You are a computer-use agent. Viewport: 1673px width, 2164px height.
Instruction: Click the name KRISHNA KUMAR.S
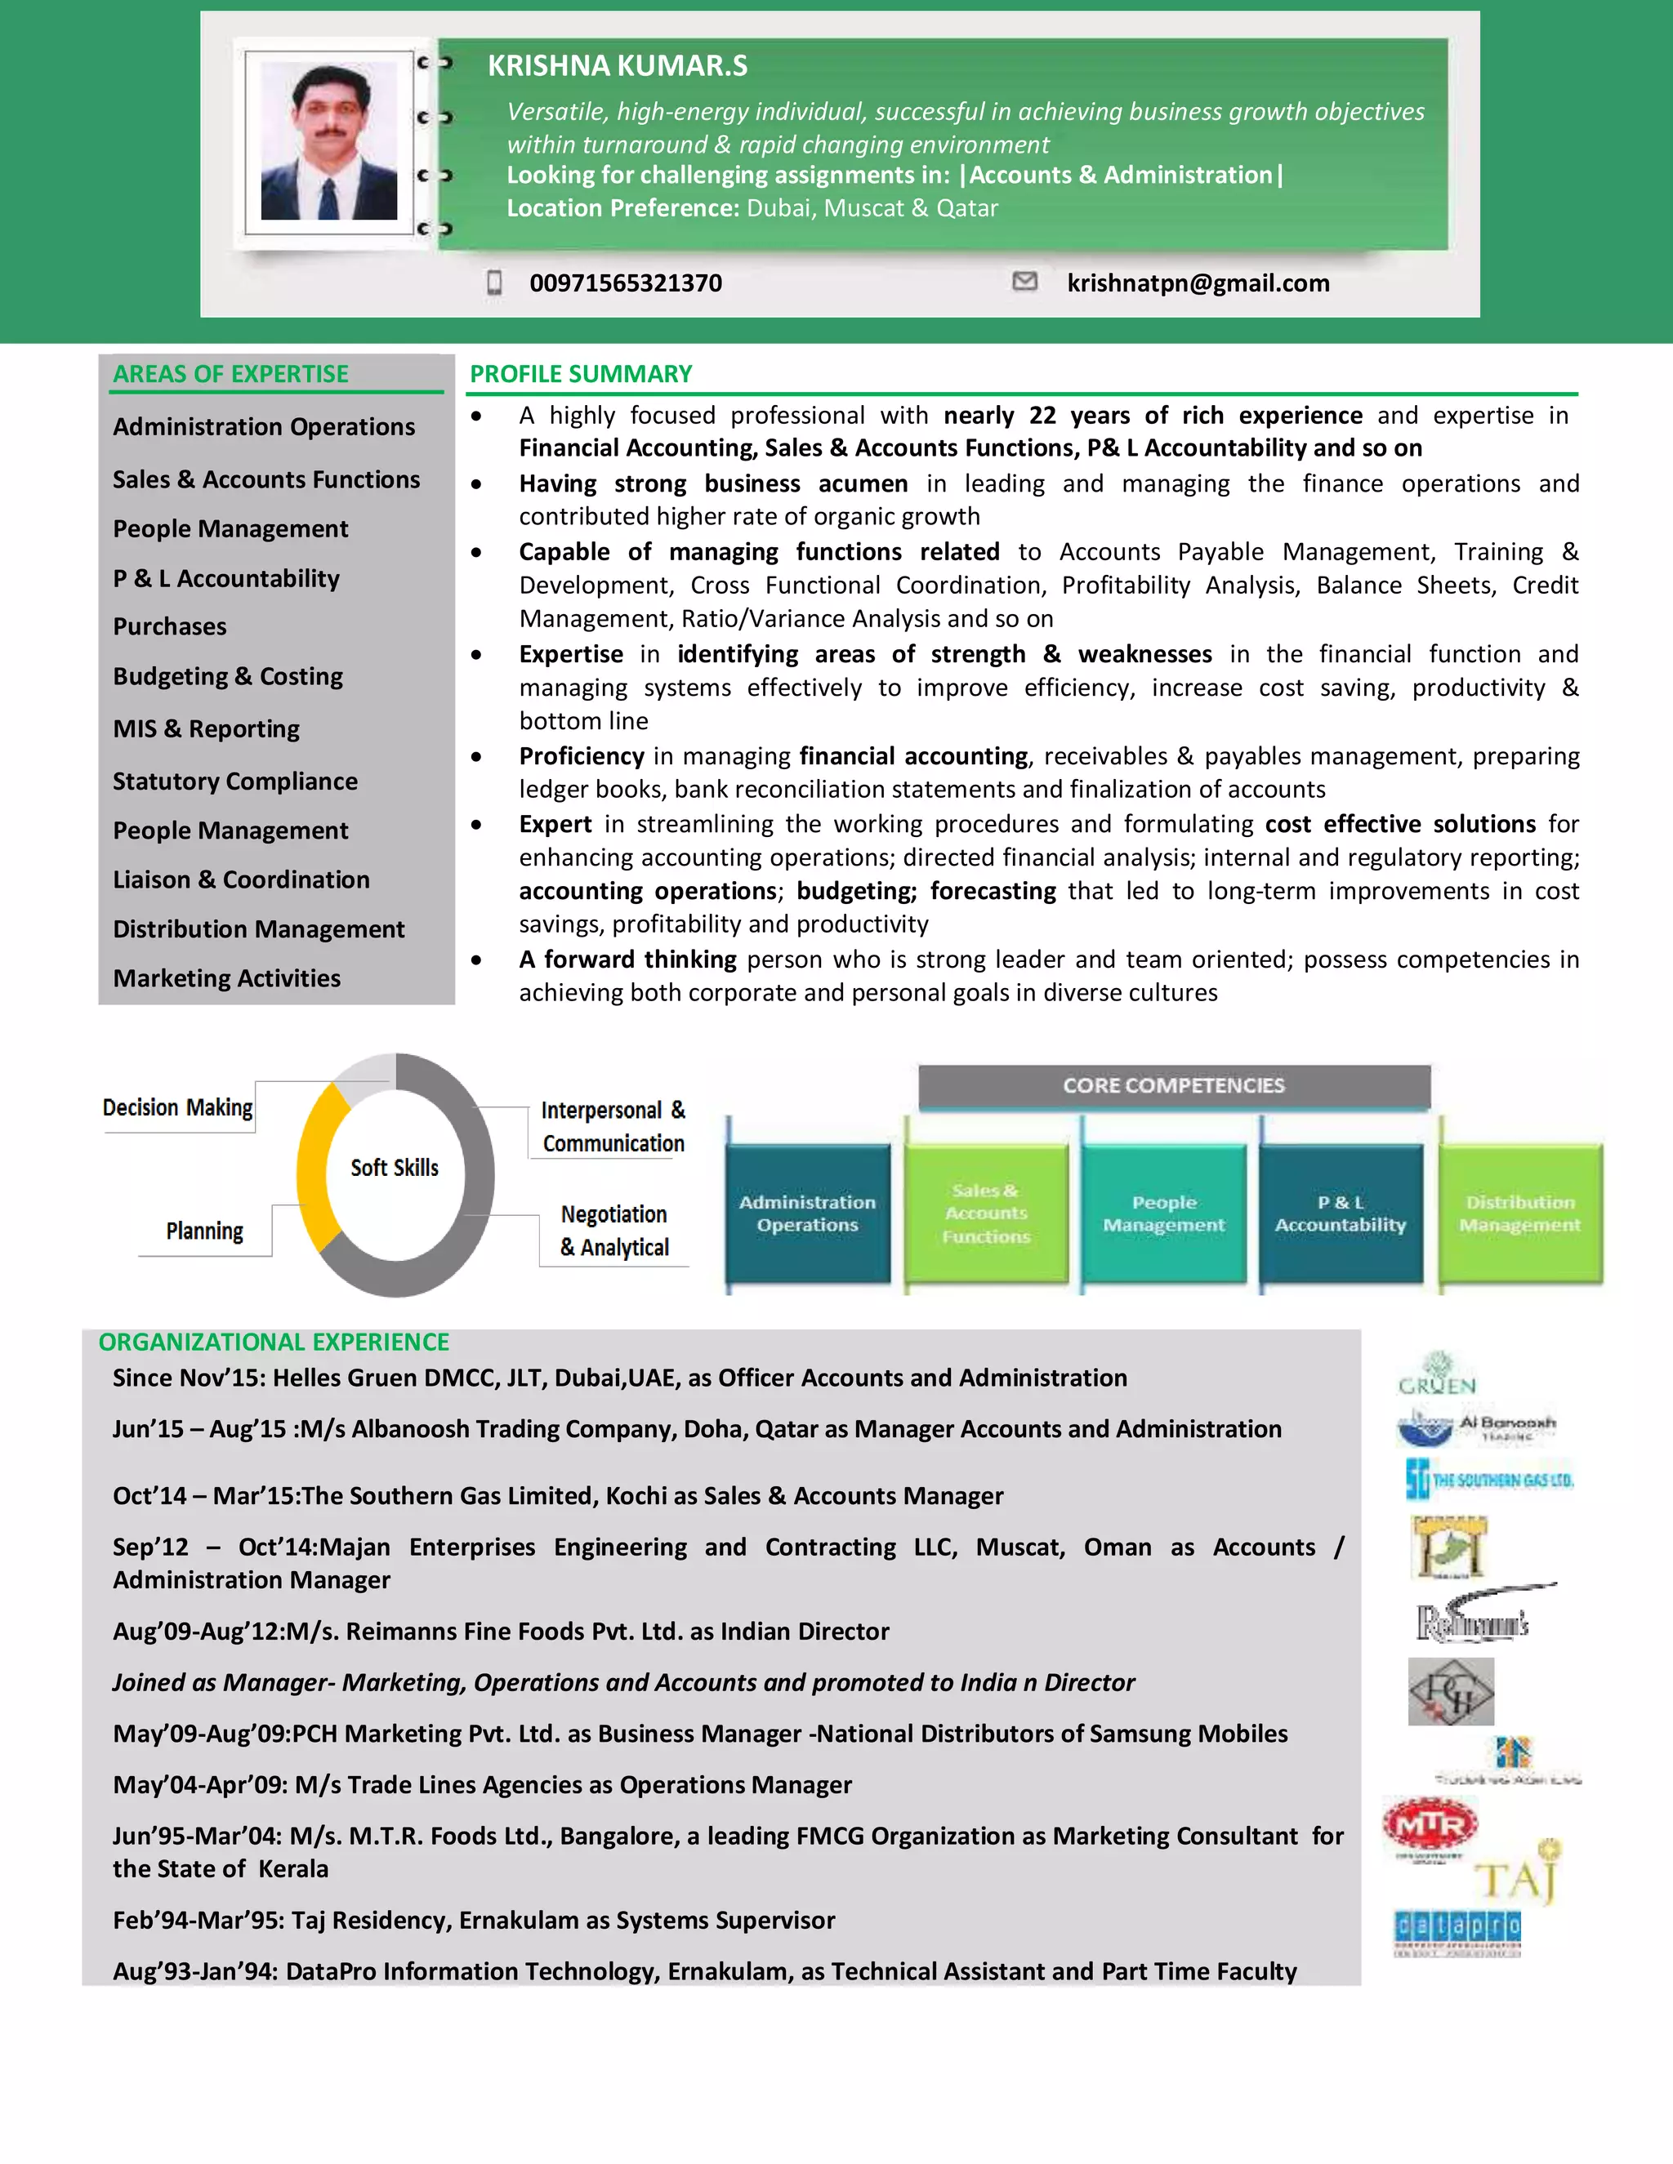(617, 66)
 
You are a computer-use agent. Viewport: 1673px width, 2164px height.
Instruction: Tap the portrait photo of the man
(329, 143)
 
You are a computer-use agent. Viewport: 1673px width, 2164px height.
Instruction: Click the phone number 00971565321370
(626, 283)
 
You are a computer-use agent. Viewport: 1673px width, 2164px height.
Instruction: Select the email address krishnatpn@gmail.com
(1198, 283)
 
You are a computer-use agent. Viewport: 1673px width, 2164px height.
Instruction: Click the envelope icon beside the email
(1025, 282)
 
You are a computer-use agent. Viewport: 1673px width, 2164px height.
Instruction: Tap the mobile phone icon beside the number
(494, 283)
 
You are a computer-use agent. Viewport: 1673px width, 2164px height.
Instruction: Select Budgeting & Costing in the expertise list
(228, 677)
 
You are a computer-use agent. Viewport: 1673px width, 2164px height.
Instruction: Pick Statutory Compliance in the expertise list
(235, 781)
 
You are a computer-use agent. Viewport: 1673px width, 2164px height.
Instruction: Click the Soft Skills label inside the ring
(395, 1169)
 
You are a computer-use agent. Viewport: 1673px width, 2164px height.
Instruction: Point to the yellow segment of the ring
(315, 1169)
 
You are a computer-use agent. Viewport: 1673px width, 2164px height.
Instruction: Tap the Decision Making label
(177, 1108)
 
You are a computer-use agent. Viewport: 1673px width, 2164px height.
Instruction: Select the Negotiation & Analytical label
(614, 1231)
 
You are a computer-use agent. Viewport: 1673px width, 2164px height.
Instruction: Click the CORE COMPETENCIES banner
(1174, 1086)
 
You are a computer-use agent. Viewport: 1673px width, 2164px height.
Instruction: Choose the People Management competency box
(1163, 1213)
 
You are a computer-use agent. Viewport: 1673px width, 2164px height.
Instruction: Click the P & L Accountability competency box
(1340, 1213)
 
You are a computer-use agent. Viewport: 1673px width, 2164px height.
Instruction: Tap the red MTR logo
(1430, 1824)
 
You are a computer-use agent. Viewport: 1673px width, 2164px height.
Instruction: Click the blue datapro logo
(1457, 1928)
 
